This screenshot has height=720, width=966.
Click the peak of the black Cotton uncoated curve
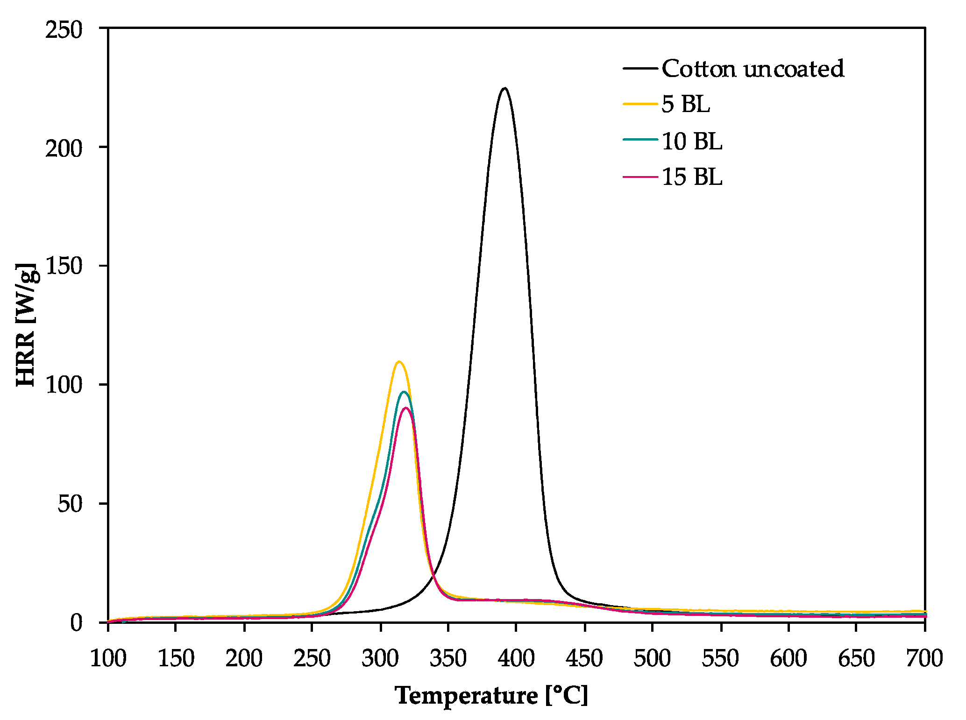504,88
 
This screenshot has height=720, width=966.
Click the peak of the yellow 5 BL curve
398,362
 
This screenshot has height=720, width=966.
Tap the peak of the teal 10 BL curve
404,392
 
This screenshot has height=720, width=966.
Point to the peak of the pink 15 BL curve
406,408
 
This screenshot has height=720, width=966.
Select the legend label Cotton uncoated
753,69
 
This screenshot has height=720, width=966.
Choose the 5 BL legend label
686,104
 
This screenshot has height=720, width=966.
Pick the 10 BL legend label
692,141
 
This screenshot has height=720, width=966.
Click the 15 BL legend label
692,177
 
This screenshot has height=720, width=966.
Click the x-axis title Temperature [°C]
491,696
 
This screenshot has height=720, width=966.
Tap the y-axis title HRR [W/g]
27,325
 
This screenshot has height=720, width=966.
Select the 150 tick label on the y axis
64,266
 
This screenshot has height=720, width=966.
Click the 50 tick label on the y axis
70,503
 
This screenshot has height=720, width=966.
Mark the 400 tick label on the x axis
516,659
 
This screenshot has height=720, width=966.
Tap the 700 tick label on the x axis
924,659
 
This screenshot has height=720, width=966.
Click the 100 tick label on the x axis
108,659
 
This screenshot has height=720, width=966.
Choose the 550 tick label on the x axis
720,659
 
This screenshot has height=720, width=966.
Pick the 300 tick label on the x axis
380,659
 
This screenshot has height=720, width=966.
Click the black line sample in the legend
640,69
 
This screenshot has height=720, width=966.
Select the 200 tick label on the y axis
64,148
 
